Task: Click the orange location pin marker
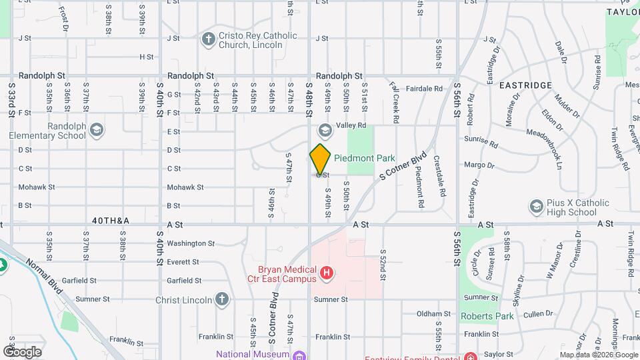click(x=320, y=159)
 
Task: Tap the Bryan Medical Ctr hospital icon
click(x=327, y=273)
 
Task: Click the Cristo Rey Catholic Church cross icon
click(x=208, y=39)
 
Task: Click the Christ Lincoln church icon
click(x=222, y=299)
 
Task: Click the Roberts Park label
click(x=487, y=316)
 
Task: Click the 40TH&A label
click(x=111, y=219)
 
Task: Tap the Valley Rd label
click(x=351, y=125)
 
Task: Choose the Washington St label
click(x=191, y=243)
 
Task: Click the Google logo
click(x=22, y=351)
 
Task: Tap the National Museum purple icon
click(x=299, y=355)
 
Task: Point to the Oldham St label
click(x=434, y=313)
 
